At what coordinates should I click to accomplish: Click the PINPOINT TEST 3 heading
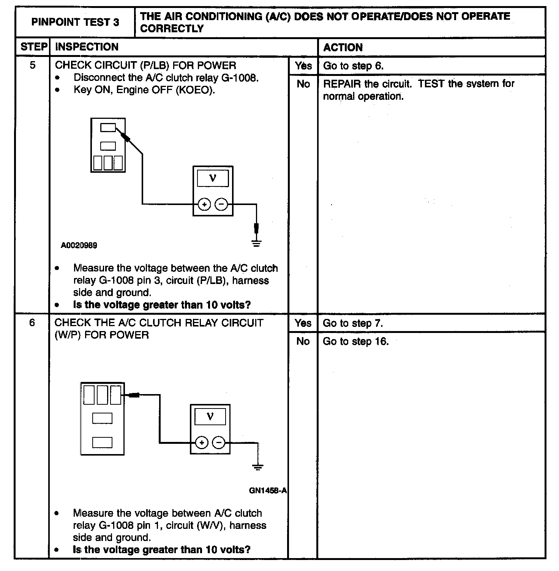pos(75,22)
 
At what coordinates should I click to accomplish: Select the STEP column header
pos(33,47)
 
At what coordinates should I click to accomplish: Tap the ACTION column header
pos(343,47)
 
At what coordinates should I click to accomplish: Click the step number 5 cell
pos(33,65)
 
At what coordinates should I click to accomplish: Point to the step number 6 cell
pos(32,323)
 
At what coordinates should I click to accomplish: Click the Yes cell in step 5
pos(303,66)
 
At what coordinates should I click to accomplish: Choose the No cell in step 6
pos(303,341)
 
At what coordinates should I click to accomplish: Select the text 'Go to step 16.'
pos(355,341)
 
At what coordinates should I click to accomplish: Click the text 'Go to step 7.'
pos(353,323)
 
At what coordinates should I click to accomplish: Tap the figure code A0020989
pos(79,245)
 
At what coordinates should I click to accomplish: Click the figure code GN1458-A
pos(268,491)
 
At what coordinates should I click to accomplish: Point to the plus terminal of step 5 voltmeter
pos(204,204)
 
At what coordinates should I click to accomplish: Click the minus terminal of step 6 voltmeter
pos(218,442)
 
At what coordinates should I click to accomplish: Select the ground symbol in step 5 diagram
pos(257,243)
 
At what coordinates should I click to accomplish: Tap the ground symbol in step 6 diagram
pos(258,467)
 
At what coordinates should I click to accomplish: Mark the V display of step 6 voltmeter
pos(210,416)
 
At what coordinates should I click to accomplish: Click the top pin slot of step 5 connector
pos(108,128)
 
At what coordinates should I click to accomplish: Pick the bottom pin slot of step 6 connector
pos(102,442)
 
